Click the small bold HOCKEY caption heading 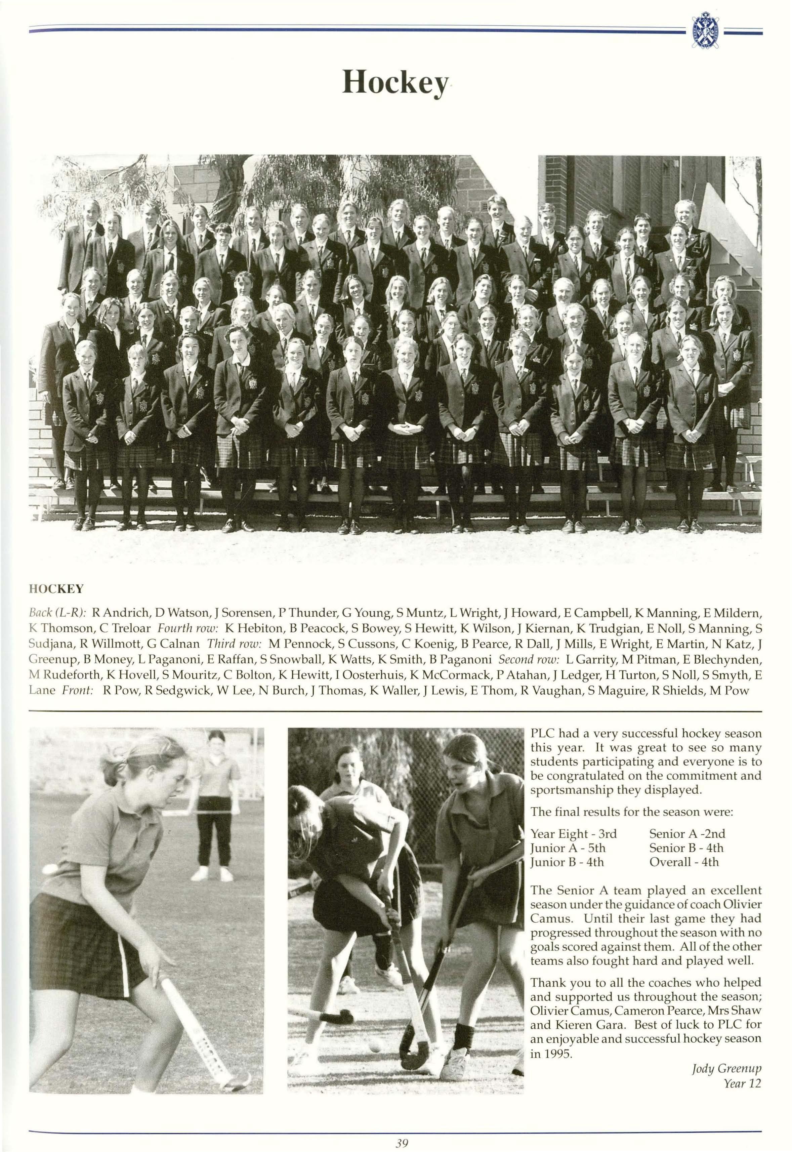click(56, 589)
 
